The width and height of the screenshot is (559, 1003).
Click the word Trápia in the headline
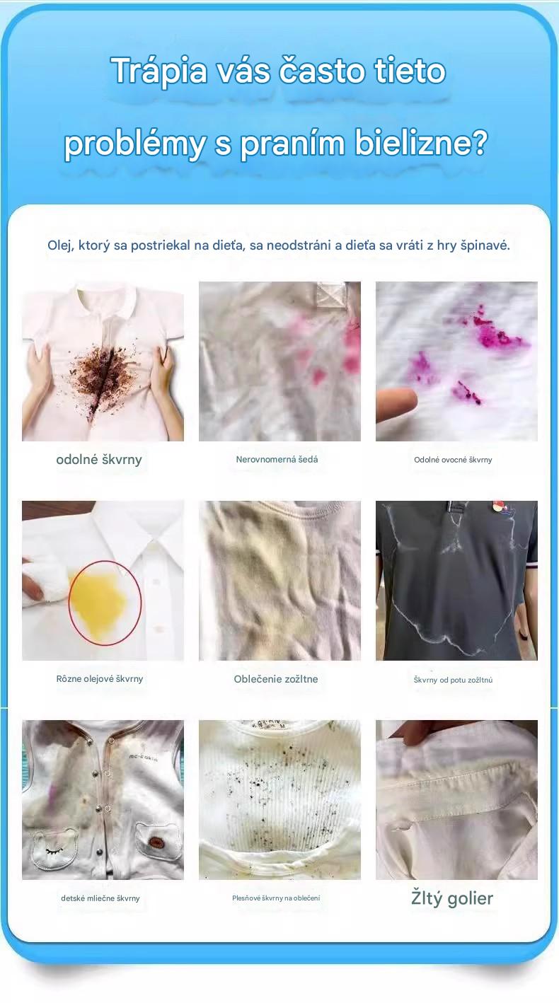point(159,71)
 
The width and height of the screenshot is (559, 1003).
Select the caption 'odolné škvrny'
point(99,459)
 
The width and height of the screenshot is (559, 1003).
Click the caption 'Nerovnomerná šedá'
point(277,459)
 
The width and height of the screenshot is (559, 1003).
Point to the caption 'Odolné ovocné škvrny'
point(453,460)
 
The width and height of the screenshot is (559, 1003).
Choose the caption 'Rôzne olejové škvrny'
point(100,679)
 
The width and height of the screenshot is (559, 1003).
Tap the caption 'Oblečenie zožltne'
point(276,679)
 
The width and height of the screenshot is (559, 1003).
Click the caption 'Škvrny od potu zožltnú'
point(453,680)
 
